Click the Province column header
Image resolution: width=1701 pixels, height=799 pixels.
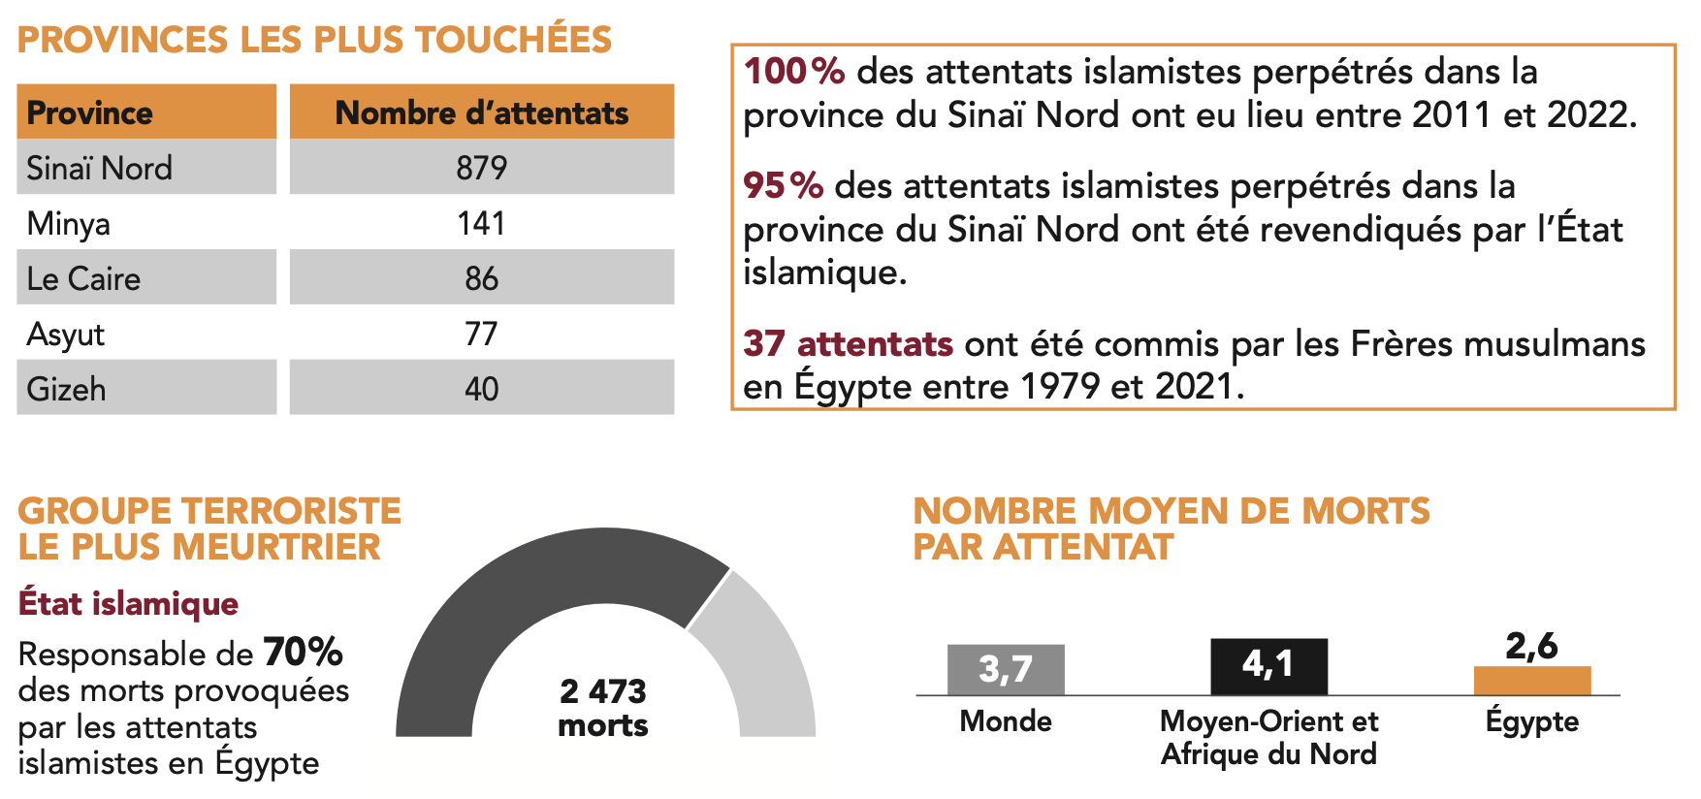click(89, 112)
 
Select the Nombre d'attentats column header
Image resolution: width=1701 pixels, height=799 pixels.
click(481, 112)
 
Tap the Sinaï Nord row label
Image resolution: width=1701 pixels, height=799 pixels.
click(99, 168)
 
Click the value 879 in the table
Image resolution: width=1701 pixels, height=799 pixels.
click(481, 168)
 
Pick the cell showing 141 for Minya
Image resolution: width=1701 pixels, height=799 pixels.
click(481, 223)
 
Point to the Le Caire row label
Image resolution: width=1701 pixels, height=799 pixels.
click(83, 279)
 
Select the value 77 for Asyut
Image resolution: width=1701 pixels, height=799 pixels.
click(481, 335)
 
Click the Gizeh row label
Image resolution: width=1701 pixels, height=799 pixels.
click(66, 390)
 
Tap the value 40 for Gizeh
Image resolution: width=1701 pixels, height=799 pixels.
click(481, 390)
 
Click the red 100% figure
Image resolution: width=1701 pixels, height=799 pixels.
click(793, 72)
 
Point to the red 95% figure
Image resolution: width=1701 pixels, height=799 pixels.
click(783, 185)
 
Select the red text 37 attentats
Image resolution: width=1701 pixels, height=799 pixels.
click(848, 343)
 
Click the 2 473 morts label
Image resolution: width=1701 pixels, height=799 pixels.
click(603, 708)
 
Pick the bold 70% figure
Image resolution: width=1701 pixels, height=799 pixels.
click(303, 653)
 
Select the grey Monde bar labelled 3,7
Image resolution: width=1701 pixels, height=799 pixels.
click(1006, 670)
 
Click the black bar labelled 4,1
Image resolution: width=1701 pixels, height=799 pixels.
click(1268, 666)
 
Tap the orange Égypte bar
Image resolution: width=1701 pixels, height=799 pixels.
click(1532, 681)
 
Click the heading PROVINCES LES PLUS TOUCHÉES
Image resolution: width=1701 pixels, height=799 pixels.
click(314, 40)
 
